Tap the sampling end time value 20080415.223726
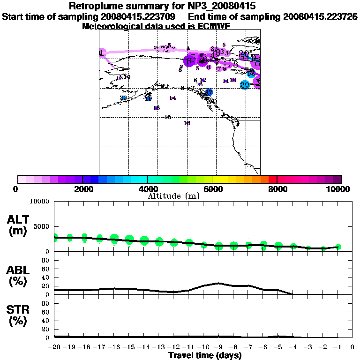pos(321,16)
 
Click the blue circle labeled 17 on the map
pos(209,92)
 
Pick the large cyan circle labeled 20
pos(244,85)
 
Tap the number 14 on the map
pos(172,98)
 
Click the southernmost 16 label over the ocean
pos(187,123)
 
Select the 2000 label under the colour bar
pos(82,189)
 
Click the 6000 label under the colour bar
pos(212,189)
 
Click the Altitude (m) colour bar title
pos(173,195)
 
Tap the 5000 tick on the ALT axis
pos(43,227)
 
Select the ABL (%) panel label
pos(19,277)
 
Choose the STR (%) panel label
pos(19,315)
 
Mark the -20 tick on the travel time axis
pos(55,347)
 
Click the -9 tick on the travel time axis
pos(218,347)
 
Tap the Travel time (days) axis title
pos(205,355)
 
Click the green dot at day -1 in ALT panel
pos(337,247)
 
